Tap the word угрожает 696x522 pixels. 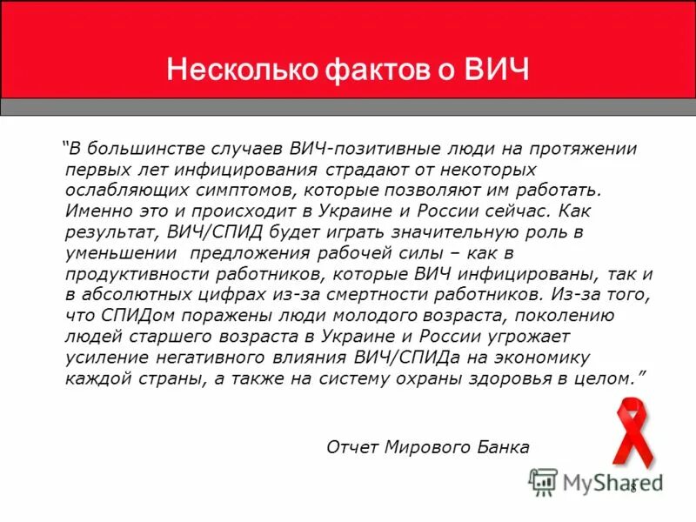532,336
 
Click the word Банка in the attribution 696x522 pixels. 499,447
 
